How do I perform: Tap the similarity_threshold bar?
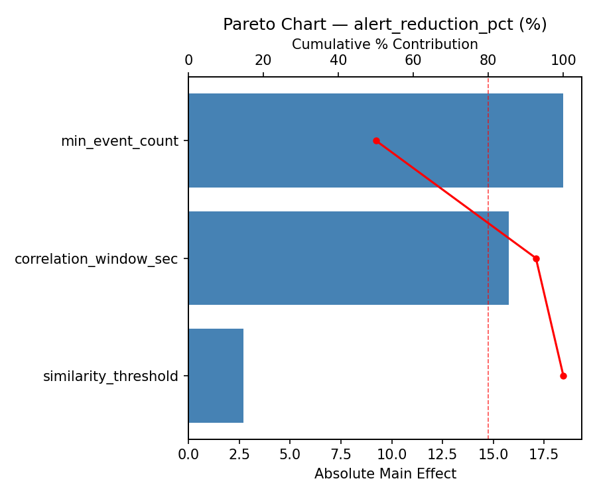[216, 376]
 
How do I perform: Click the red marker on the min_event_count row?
[376, 140]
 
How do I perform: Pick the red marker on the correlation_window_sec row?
[536, 258]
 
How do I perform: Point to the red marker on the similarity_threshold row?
[563, 376]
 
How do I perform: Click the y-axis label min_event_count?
[119, 141]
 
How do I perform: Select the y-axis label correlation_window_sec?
[96, 259]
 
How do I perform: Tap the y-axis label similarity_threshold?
[111, 376]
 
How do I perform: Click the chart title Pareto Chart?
[385, 25]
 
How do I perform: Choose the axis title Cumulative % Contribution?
[385, 44]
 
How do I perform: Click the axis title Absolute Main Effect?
[385, 474]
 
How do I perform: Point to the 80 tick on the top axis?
[488, 60]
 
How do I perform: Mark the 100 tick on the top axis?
[563, 60]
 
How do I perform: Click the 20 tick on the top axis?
[263, 60]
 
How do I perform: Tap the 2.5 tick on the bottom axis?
[239, 455]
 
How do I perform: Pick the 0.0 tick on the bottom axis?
[188, 455]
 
